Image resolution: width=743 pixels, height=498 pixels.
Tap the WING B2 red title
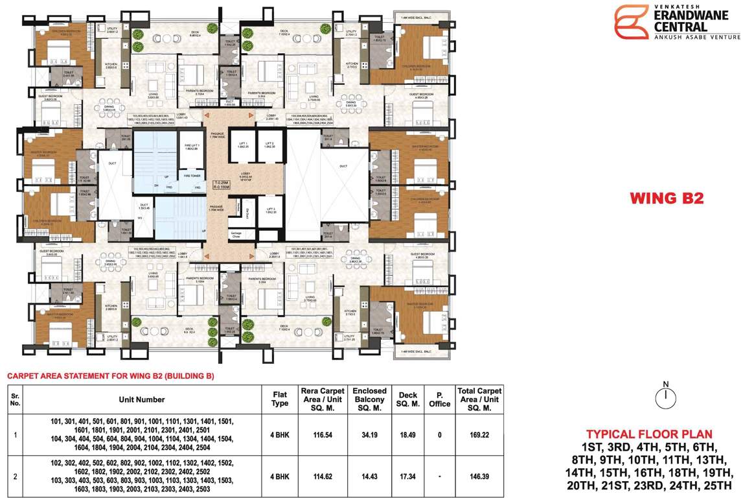667,198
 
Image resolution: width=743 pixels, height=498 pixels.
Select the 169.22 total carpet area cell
480,435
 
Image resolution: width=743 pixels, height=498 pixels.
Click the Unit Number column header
142,399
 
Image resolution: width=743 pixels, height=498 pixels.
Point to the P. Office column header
439,399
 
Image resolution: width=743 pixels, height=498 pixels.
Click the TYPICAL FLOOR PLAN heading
649,434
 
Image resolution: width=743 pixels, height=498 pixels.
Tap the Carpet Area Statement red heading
110,376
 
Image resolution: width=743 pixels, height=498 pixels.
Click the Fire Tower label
192,176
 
